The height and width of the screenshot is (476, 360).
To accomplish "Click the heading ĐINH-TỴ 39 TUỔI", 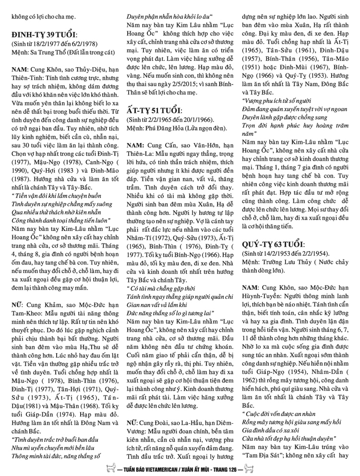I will pyautogui.click(x=42, y=35).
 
